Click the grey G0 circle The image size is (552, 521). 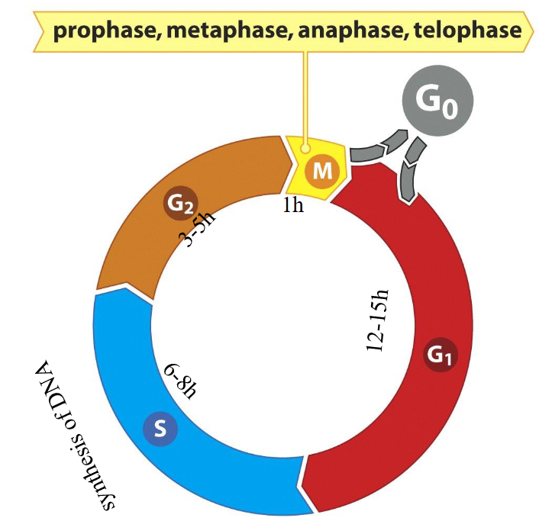437,101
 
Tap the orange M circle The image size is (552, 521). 322,171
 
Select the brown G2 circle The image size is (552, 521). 181,204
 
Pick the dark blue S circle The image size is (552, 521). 160,429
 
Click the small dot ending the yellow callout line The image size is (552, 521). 305,150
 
